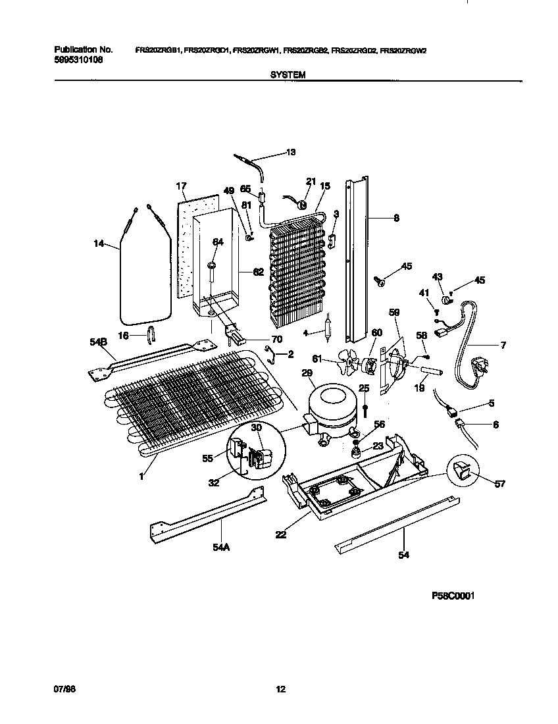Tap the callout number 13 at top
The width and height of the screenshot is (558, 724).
coord(291,152)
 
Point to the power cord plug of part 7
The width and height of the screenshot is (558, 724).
coord(479,363)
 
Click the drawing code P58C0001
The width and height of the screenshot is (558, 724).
coord(453,596)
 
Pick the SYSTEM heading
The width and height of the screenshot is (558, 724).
coord(288,76)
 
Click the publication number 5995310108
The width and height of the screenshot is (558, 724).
coord(78,59)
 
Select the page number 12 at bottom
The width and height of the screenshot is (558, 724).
coord(280,689)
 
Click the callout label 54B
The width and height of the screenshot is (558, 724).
coord(97,343)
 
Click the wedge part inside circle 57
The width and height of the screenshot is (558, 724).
coord(461,471)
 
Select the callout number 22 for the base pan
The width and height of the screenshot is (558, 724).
coord(281,535)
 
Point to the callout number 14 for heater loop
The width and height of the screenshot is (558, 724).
coord(99,244)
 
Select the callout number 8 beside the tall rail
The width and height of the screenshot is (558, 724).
coord(395,218)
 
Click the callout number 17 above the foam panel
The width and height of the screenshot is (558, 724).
coord(182,186)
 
